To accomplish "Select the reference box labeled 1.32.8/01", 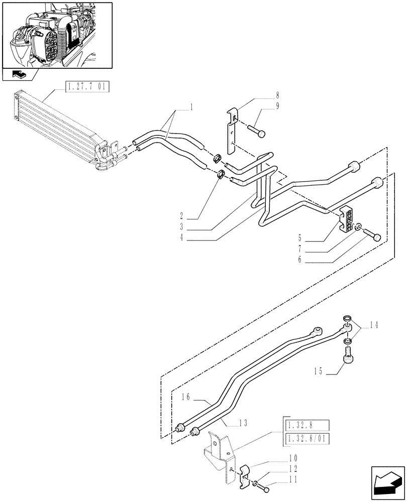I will click(x=306, y=440).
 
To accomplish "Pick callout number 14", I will click(x=374, y=324).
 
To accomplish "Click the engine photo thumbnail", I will click(x=57, y=35).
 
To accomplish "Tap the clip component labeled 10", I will click(x=243, y=474).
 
